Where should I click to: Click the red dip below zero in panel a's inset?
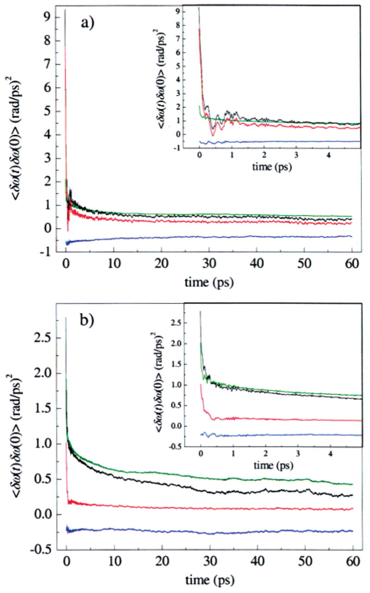[212, 135]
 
